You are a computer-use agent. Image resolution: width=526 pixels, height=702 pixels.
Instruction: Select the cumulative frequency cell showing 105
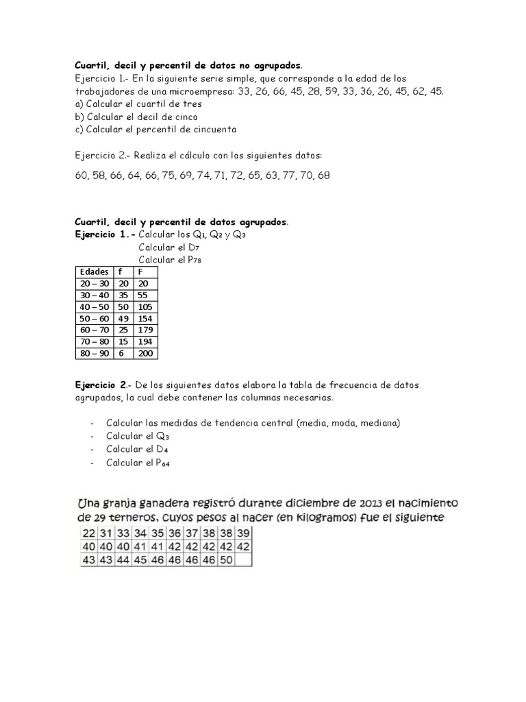pyautogui.click(x=145, y=306)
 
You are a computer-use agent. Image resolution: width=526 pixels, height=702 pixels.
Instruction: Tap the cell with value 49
pyautogui.click(x=125, y=319)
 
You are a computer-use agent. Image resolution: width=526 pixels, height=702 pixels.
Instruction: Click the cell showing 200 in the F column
pyautogui.click(x=145, y=354)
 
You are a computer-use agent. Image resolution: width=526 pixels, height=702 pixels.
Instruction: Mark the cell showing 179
pyautogui.click(x=145, y=330)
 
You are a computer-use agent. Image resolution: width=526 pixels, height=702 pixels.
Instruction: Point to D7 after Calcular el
pyautogui.click(x=194, y=247)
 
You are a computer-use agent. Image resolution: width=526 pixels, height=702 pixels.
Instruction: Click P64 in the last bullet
pyautogui.click(x=162, y=463)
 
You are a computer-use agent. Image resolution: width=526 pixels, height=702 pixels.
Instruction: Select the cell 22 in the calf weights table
pyautogui.click(x=88, y=534)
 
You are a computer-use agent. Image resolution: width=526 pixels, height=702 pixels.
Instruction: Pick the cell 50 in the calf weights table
pyautogui.click(x=225, y=559)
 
